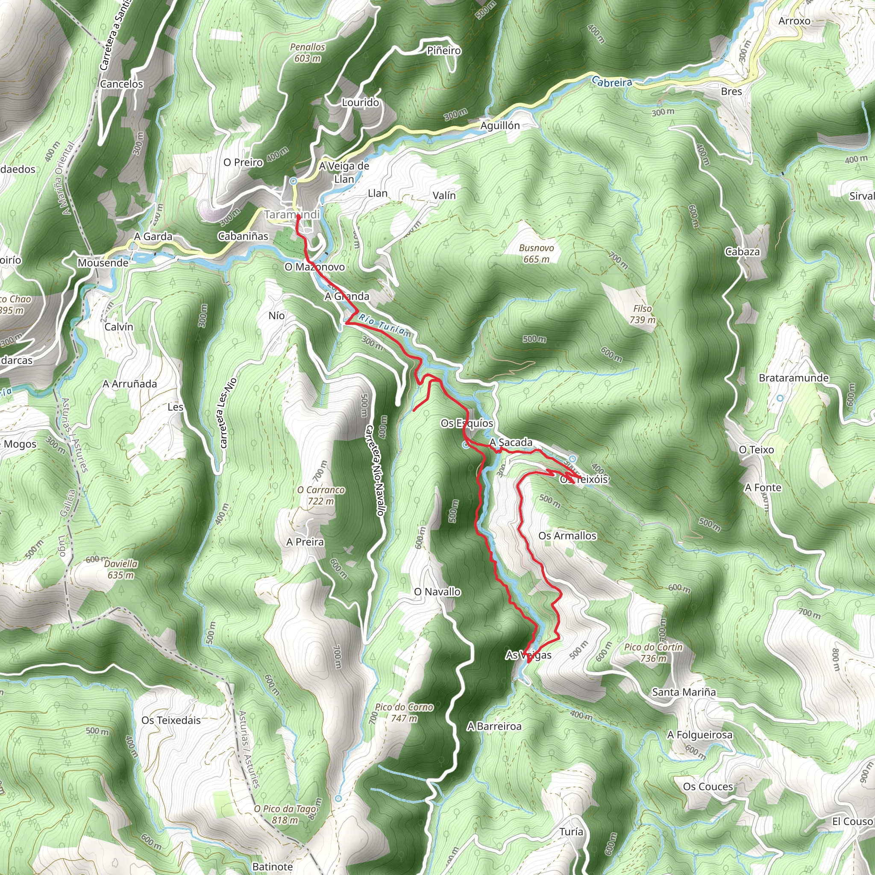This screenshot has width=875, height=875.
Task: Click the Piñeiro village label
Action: pos(444,51)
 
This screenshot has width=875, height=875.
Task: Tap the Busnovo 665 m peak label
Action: pos(536,254)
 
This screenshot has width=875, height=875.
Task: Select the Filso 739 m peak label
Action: pos(642,314)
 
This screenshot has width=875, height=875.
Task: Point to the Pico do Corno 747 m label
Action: pos(404,712)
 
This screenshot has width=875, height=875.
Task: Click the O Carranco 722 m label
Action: pos(321,496)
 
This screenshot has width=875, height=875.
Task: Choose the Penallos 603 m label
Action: pos(308,53)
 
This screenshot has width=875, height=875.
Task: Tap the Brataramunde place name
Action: pos(793,378)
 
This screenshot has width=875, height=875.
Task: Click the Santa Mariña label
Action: pos(684,692)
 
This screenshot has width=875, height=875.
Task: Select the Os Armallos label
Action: pos(567,536)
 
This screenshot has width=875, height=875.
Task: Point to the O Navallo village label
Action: pos(437,592)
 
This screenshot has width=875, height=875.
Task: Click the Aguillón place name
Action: pos(500,126)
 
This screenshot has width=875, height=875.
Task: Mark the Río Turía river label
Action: pos(385,326)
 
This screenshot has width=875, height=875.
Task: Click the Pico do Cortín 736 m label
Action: pos(653,653)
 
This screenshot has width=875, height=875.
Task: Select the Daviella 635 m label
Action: pos(120,569)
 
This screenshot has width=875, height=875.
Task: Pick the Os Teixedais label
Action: pos(171,720)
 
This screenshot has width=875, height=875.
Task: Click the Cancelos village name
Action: pos(121,84)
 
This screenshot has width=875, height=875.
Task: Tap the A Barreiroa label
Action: pos(494,726)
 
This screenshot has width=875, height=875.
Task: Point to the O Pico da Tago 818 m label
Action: pos(285,814)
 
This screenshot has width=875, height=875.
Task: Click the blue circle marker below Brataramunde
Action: pos(780,398)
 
